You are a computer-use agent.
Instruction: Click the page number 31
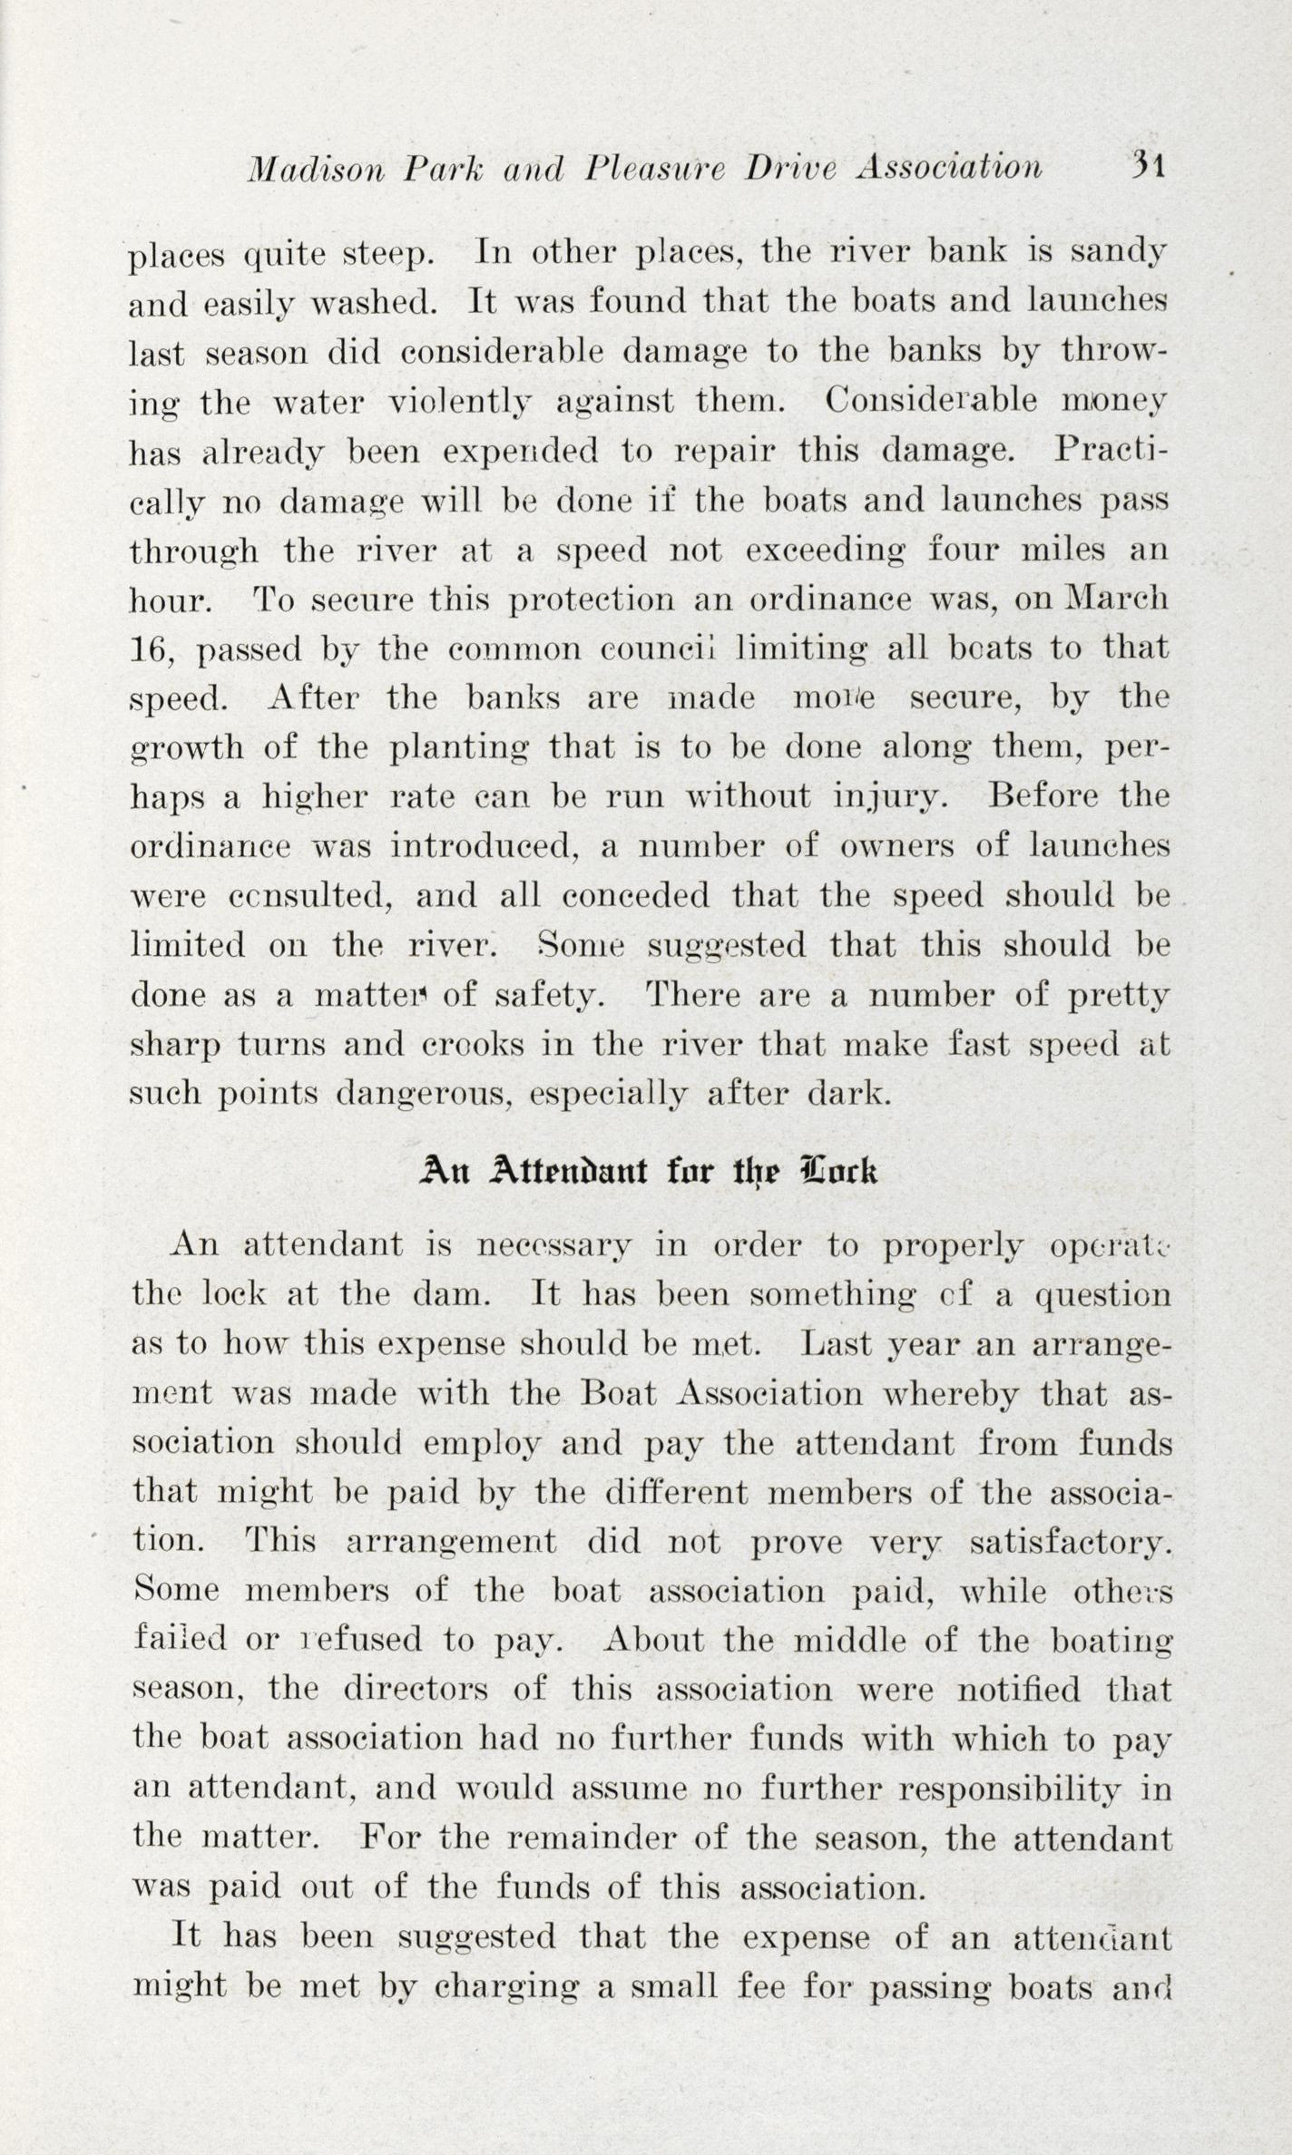(x=1148, y=165)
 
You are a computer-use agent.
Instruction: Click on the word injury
(x=889, y=798)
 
